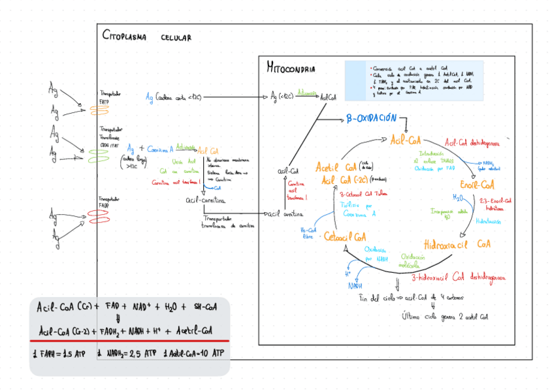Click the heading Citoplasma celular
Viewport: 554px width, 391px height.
[146, 37]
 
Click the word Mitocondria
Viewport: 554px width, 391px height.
[291, 68]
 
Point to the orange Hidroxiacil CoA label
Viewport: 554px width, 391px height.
[457, 245]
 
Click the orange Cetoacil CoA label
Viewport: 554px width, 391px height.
[344, 236]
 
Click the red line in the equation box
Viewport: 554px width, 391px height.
[129, 341]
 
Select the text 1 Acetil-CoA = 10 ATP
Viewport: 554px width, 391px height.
[193, 354]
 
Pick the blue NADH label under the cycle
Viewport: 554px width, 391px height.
[355, 285]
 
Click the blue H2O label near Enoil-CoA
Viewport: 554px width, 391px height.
[458, 196]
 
